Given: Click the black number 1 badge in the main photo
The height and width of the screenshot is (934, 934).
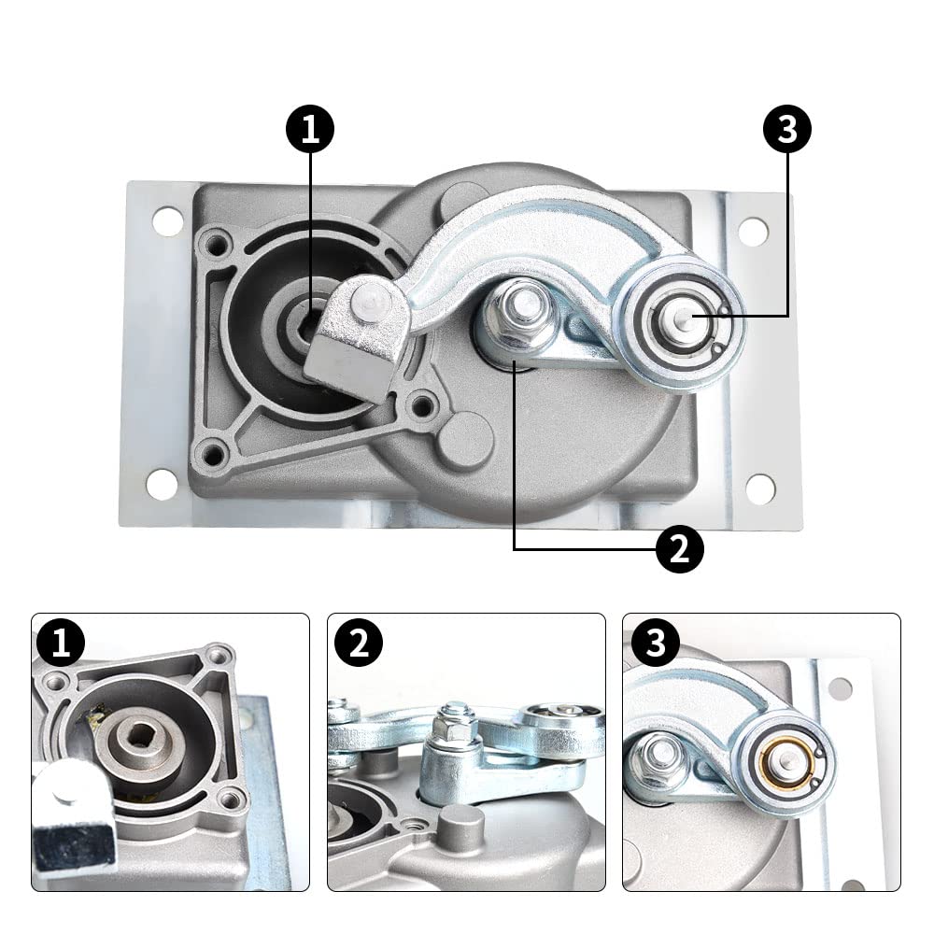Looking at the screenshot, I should coord(310,131).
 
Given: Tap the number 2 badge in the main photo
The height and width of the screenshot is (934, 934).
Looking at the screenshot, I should coord(679,550).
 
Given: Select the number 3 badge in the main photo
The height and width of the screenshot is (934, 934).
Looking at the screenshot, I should coord(787,131).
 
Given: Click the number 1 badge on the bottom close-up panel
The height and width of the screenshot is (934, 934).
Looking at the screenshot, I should coord(62,644).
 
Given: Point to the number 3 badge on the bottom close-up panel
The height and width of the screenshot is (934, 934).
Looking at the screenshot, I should coord(654,644).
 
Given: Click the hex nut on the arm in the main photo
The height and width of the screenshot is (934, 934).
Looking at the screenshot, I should coord(514,306).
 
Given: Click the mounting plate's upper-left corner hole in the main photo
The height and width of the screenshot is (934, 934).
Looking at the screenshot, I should coord(168,221).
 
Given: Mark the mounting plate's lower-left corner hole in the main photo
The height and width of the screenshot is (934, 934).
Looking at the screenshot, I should coord(162,484).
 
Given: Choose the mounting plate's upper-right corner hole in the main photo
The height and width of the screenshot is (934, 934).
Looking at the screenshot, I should coord(753,231).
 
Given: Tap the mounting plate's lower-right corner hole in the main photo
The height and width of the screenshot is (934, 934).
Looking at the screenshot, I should coord(759,488).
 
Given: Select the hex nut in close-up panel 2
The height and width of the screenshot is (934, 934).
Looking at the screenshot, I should coord(456,725).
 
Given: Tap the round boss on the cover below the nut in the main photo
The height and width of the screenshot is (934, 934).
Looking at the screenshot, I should coord(465,438).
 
